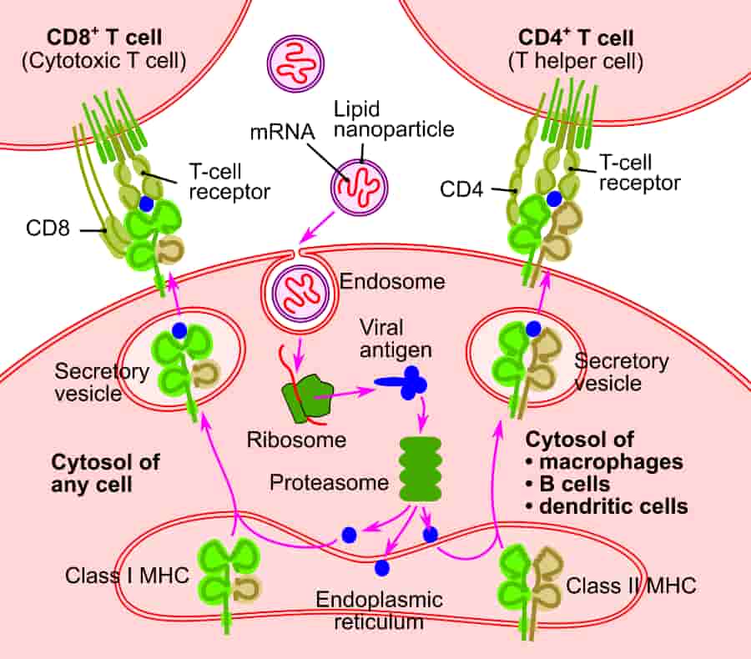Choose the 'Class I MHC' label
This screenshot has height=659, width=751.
click(114, 576)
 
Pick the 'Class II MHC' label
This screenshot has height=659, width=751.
click(631, 585)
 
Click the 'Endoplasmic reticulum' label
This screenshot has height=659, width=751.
click(380, 610)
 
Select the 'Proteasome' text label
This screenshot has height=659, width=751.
click(329, 482)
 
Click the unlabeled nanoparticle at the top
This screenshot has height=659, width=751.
click(293, 61)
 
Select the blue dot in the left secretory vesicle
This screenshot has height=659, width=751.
click(179, 330)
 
